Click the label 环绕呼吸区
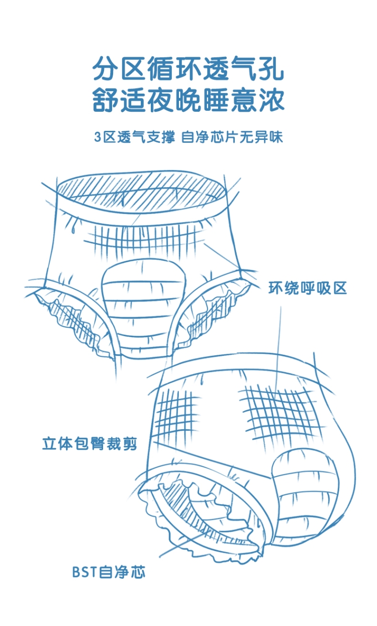[x=308, y=288]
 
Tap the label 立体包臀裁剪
[x=89, y=445]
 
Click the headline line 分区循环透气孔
[x=189, y=69]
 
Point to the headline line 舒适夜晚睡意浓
[x=189, y=100]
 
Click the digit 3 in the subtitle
[x=97, y=137]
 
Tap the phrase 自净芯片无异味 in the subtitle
[x=232, y=137]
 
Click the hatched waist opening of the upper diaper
[x=141, y=192]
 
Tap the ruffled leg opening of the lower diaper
[x=201, y=523]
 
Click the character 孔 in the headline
[x=271, y=69]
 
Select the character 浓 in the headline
[x=271, y=100]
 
